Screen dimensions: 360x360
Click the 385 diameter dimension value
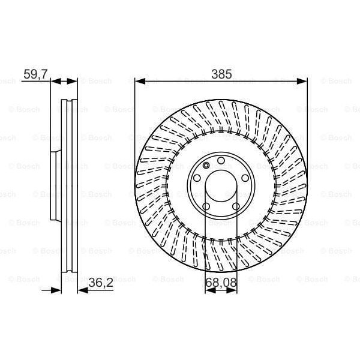click(221, 74)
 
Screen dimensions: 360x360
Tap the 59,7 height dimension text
click(35, 74)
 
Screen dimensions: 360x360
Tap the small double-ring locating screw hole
click(206, 166)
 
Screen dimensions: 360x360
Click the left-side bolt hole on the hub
click(196, 178)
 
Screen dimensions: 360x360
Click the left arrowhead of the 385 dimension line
click(139, 80)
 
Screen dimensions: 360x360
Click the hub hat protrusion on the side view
click(54, 186)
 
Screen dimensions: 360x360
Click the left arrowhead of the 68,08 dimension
click(208, 290)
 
